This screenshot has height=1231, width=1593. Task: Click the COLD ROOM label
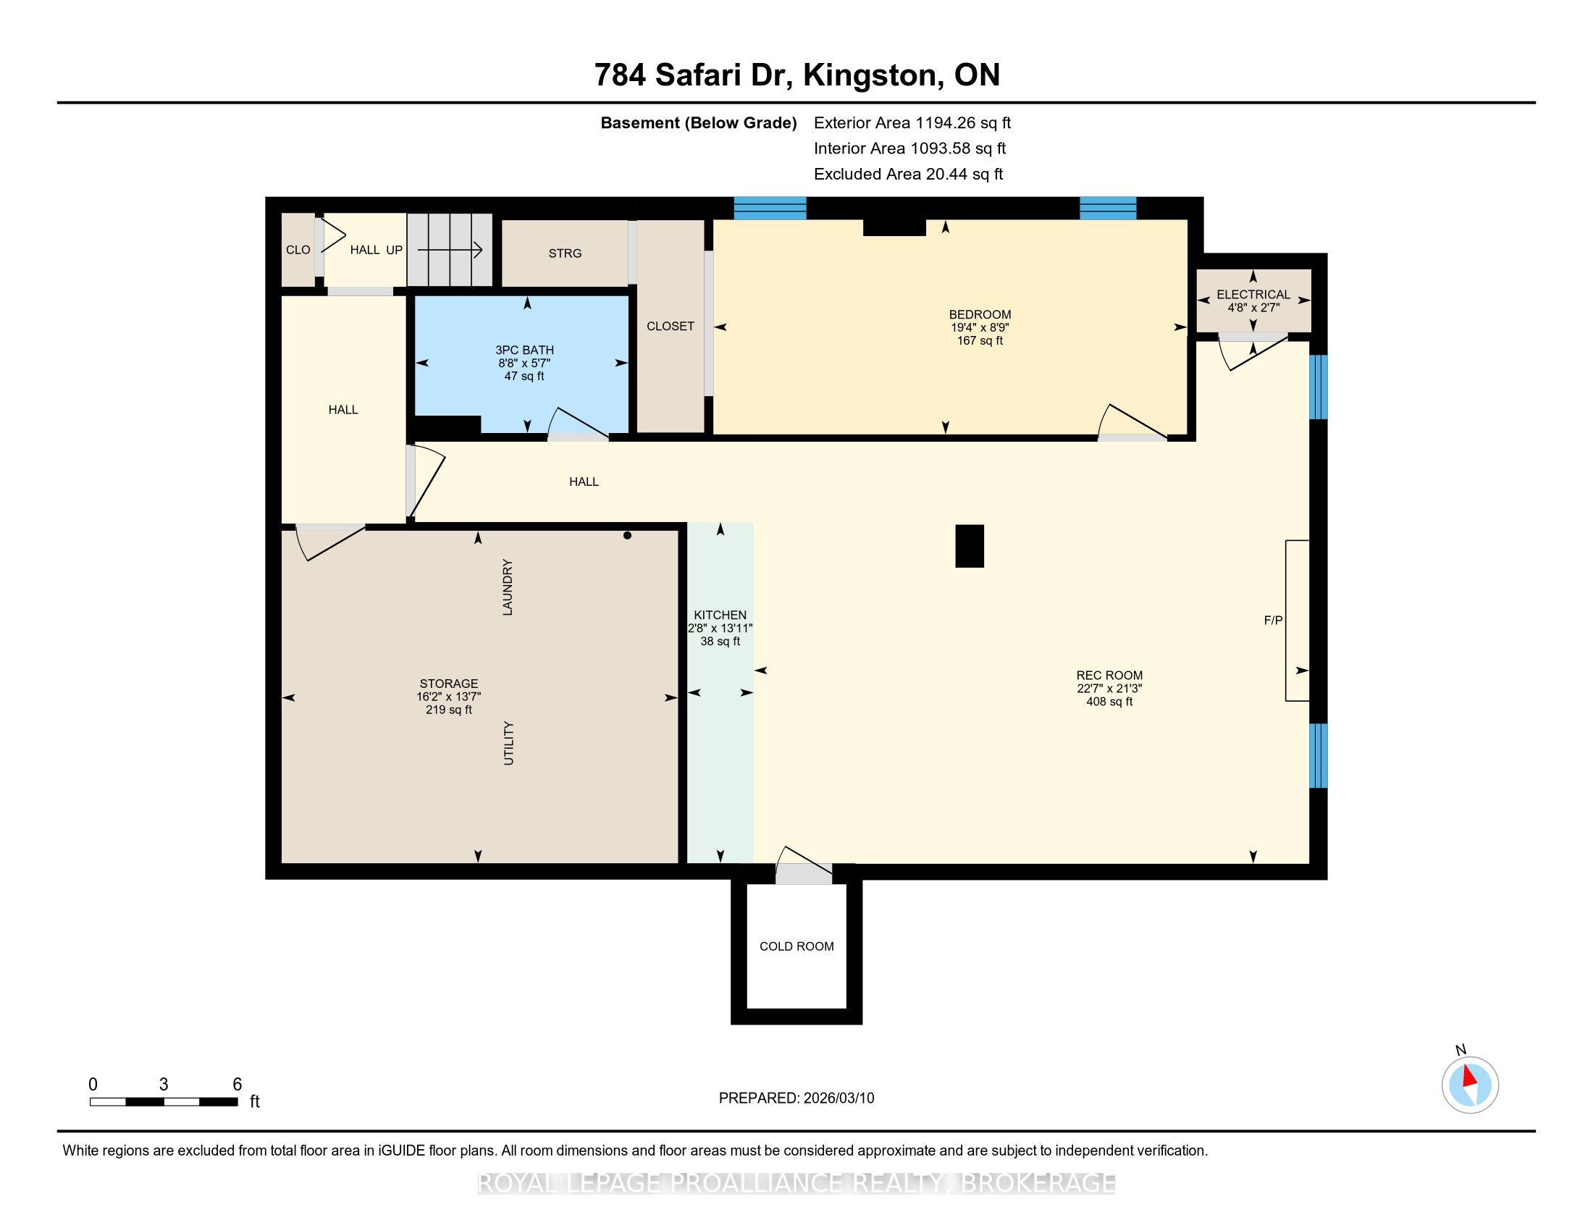pos(796,946)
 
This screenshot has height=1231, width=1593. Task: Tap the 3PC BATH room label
pos(524,350)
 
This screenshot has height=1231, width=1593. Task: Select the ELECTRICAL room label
pos(1253,295)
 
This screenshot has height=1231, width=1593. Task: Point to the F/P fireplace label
pos(1273,621)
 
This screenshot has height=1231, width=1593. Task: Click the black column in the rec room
pos(970,546)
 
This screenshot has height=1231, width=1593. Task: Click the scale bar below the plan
pos(164,1102)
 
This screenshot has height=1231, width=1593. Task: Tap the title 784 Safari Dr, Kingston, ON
pos(796,75)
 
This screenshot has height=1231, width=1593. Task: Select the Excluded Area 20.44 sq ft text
pos(908,175)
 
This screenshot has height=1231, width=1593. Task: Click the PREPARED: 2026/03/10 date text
pos(796,1098)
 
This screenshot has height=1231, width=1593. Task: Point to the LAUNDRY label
pos(508,587)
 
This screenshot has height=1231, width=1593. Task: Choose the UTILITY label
pos(508,743)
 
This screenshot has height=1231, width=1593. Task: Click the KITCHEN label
pos(720,615)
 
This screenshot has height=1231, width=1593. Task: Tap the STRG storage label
pos(566,253)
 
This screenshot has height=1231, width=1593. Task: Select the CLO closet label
pos(298,250)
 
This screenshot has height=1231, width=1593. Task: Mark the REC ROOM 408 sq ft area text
pos(1109,702)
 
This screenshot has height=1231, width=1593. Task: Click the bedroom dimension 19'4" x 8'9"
pos(980,328)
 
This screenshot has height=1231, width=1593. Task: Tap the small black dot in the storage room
pos(627,535)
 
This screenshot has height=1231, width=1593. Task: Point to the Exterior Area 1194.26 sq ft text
pos(912,123)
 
